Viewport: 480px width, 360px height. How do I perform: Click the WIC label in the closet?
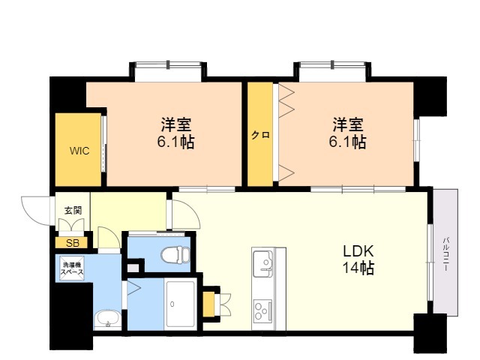tap(79, 151)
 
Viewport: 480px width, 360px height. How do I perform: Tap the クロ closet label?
tap(260, 136)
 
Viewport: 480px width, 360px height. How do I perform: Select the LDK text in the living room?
tap(358, 251)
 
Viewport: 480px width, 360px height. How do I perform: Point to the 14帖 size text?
tap(358, 268)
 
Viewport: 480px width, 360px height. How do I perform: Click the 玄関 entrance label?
tap(73, 210)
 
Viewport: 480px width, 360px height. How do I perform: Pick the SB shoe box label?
tap(72, 242)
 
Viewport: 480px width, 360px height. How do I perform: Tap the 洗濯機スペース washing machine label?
tap(73, 268)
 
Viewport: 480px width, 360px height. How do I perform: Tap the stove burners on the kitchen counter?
tap(263, 309)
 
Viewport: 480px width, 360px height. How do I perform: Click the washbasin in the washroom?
tap(108, 318)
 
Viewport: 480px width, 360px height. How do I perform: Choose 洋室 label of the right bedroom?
tap(349, 123)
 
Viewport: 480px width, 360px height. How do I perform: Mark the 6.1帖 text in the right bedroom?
tap(349, 142)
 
